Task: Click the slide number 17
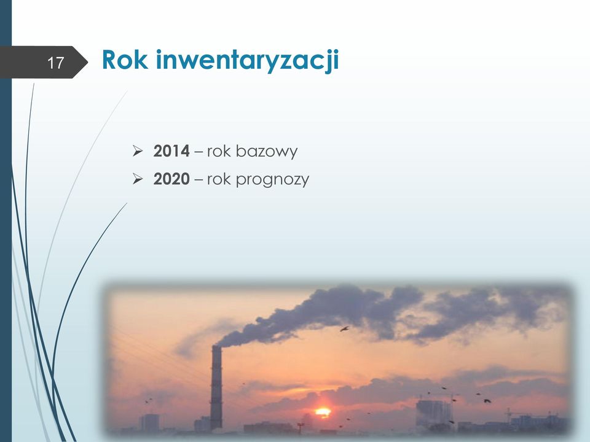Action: tap(56, 63)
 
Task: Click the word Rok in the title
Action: tap(125, 60)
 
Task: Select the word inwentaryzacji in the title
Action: tap(248, 61)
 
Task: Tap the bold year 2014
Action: tap(171, 151)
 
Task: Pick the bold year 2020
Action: tap(171, 179)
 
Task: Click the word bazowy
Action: tap(267, 152)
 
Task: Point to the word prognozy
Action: tap(272, 180)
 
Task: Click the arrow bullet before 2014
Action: tap(138, 151)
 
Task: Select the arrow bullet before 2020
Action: tap(138, 179)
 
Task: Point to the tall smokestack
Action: tap(216, 387)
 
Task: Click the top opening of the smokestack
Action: tap(216, 346)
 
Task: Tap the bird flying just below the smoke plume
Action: tap(344, 329)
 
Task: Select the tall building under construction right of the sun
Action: tap(433, 414)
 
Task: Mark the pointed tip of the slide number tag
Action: tap(88, 63)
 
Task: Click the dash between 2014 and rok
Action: tap(199, 152)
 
